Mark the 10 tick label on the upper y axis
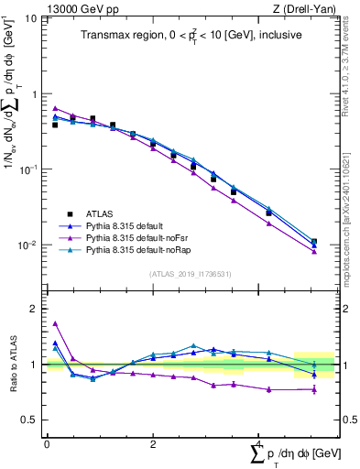coord(29,18)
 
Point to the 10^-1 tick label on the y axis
coord(29,169)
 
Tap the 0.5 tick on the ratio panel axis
coord(29,420)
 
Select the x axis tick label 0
coord(47,443)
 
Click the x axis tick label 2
coord(152,443)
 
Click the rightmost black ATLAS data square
coord(314,243)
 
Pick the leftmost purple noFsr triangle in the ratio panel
coord(55,323)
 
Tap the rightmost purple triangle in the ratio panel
coord(314,390)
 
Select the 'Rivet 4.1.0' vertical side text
coord(345,69)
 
